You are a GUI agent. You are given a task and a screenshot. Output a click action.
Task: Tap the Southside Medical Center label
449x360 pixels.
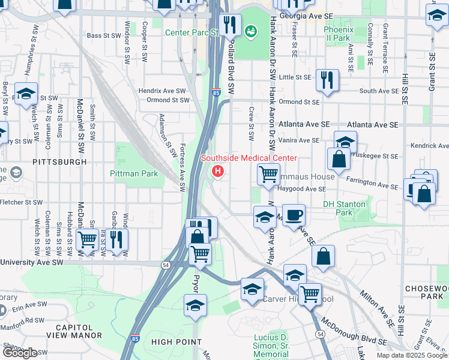point(249,158)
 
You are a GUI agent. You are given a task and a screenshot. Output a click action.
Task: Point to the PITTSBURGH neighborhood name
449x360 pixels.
point(59,162)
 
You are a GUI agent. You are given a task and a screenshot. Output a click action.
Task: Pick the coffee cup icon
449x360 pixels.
point(294,215)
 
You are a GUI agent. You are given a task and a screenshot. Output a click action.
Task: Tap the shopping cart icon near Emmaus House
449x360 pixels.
point(268,174)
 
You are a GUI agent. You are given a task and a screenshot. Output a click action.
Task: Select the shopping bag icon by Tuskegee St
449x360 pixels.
point(339,159)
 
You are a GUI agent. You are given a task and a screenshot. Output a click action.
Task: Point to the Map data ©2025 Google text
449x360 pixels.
point(412,355)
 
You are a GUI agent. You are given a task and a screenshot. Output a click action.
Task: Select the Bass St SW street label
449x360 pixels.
point(103,35)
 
